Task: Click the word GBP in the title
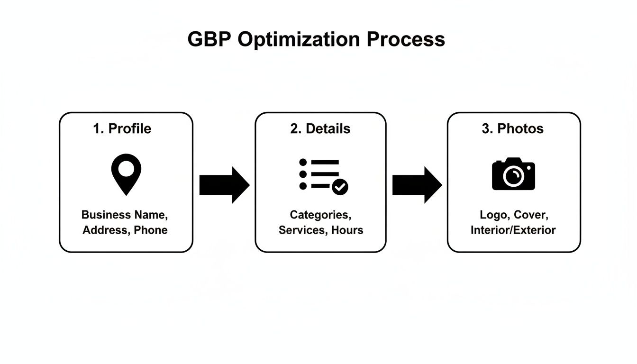tap(209, 39)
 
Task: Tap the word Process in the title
tap(406, 39)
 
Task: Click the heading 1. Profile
tap(122, 128)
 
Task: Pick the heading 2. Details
tap(320, 128)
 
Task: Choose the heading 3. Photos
tap(513, 128)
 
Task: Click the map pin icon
tap(126, 173)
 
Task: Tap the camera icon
tap(513, 174)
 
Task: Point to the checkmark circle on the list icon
tap(340, 187)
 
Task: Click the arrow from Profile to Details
tap(224, 185)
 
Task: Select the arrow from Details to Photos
tap(417, 185)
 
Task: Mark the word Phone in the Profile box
tap(151, 230)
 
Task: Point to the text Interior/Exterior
tap(513, 230)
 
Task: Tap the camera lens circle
tap(513, 177)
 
